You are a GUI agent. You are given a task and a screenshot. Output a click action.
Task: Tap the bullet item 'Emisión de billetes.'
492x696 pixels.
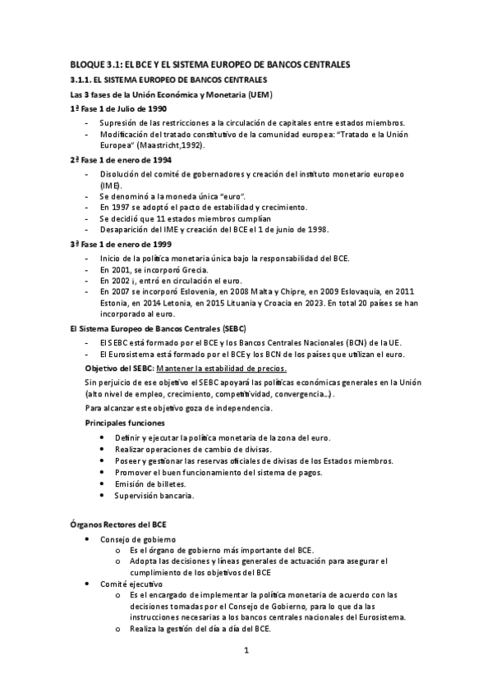point(150,484)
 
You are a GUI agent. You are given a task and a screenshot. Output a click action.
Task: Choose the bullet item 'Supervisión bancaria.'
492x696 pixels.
point(154,496)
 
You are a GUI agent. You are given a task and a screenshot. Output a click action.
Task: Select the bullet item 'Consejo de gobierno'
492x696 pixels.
point(137,538)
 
